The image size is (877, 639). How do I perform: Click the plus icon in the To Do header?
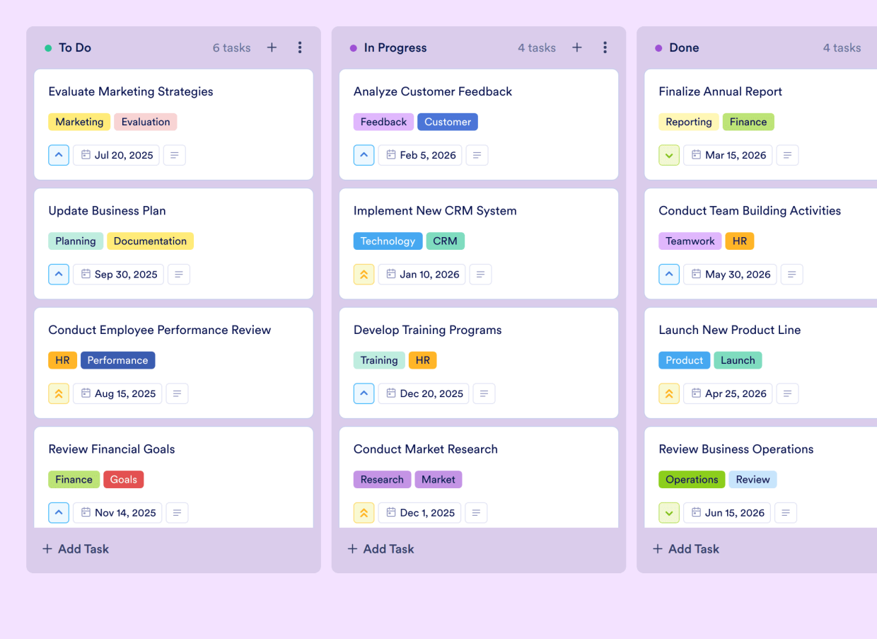(x=272, y=47)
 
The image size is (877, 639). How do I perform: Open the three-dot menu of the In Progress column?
(x=605, y=47)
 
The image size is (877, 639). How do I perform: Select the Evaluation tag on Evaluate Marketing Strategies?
(x=145, y=122)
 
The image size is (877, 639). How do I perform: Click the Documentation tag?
(x=150, y=241)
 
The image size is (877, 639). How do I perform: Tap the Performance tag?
(x=117, y=360)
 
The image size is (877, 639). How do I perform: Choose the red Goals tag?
(x=123, y=480)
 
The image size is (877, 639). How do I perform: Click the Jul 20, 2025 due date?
(x=117, y=155)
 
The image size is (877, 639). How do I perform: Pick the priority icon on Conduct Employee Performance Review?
(x=59, y=393)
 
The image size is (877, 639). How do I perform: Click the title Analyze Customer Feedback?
(x=432, y=91)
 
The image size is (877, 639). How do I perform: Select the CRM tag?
(x=445, y=241)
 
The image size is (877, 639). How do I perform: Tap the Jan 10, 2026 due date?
(x=422, y=275)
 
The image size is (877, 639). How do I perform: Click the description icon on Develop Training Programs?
(x=484, y=393)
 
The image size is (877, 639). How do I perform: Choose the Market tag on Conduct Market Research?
(x=438, y=480)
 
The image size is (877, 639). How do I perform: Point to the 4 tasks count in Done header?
(x=842, y=48)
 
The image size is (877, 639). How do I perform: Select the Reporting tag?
(x=688, y=122)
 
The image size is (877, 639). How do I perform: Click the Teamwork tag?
(x=690, y=241)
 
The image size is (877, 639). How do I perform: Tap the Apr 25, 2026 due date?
(x=728, y=393)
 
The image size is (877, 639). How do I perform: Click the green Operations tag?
(x=691, y=480)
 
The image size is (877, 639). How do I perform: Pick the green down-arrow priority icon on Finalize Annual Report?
(x=669, y=155)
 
